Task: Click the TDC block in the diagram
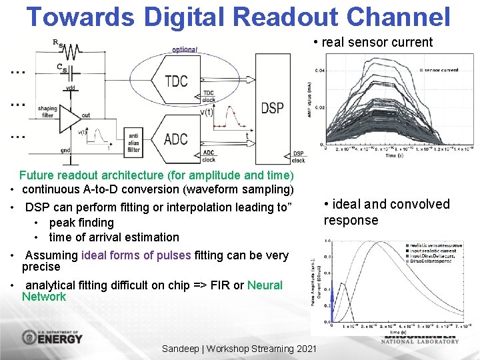click(175, 81)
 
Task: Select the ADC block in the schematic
click(175, 139)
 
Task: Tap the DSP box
click(272, 108)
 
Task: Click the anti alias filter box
click(134, 141)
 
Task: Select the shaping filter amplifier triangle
click(69, 117)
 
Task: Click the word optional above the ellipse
click(185, 50)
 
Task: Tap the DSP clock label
click(299, 157)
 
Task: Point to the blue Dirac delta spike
click(331, 313)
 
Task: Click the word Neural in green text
click(265, 285)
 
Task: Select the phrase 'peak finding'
click(81, 223)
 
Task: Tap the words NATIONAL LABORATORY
click(420, 341)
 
